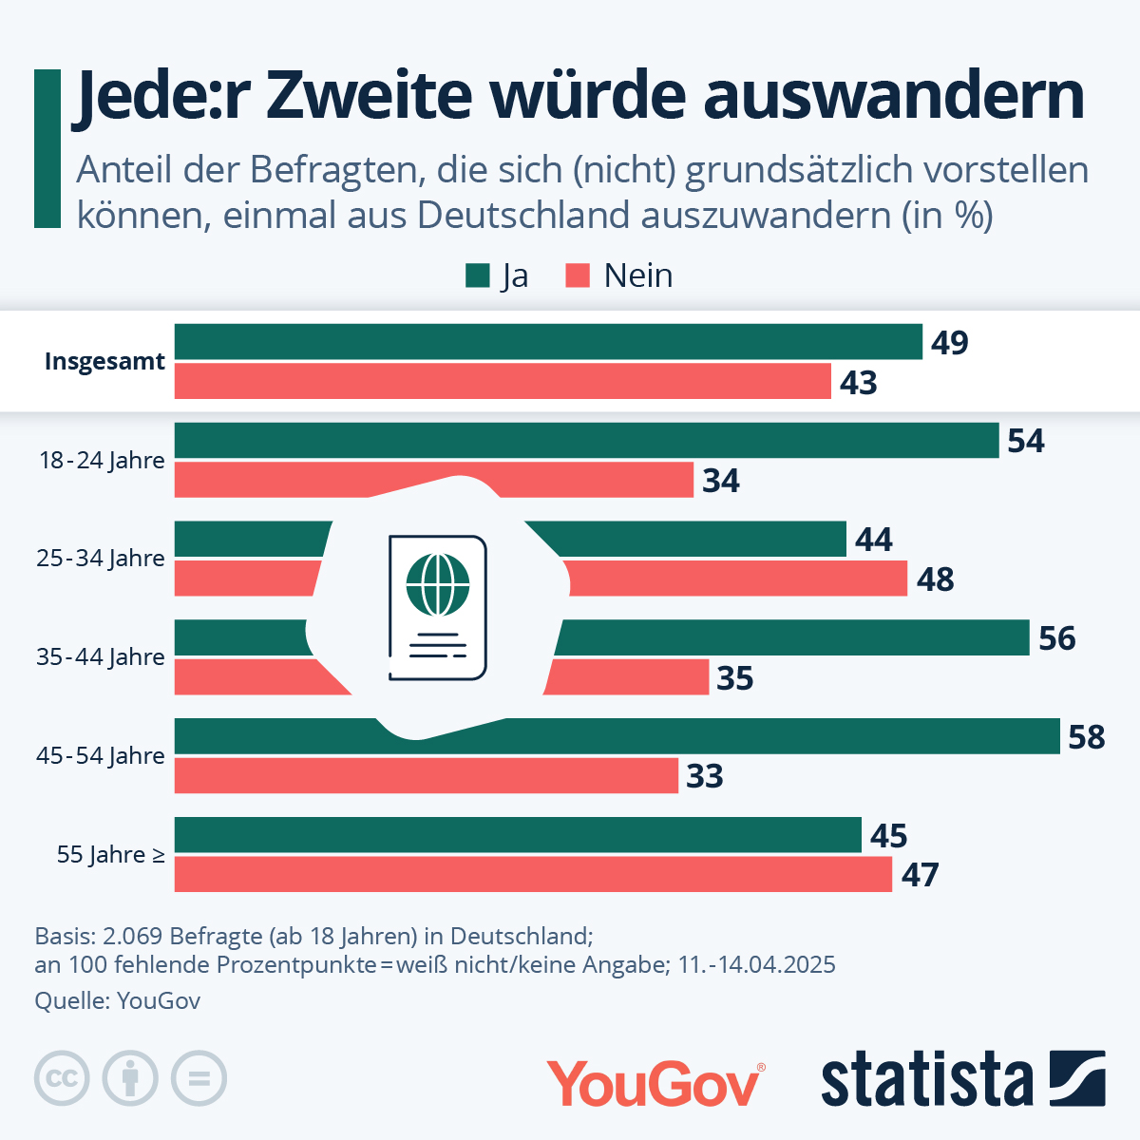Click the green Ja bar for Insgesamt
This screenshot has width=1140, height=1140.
[x=548, y=342]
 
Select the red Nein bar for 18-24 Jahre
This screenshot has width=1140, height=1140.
[x=434, y=480]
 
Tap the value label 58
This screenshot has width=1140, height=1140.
[x=1087, y=737]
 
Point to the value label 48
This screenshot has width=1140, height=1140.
[x=935, y=579]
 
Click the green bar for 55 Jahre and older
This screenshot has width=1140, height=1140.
[x=518, y=835]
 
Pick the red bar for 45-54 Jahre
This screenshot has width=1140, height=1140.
[x=427, y=775]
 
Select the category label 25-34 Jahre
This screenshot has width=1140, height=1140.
[x=101, y=559]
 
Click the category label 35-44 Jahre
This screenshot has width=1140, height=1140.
[x=101, y=657]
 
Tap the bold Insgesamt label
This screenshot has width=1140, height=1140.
[x=104, y=362]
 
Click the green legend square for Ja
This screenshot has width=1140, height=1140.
[x=477, y=275]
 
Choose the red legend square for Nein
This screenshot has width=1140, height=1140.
[x=578, y=275]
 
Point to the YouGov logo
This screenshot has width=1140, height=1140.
[x=655, y=1082]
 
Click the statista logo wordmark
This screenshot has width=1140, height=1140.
[x=926, y=1080]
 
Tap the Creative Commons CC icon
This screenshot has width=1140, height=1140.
[x=62, y=1079]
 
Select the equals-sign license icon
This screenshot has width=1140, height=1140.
[x=199, y=1079]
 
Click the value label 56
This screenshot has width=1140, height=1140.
[x=1056, y=638]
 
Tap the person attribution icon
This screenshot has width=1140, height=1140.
[x=130, y=1079]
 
